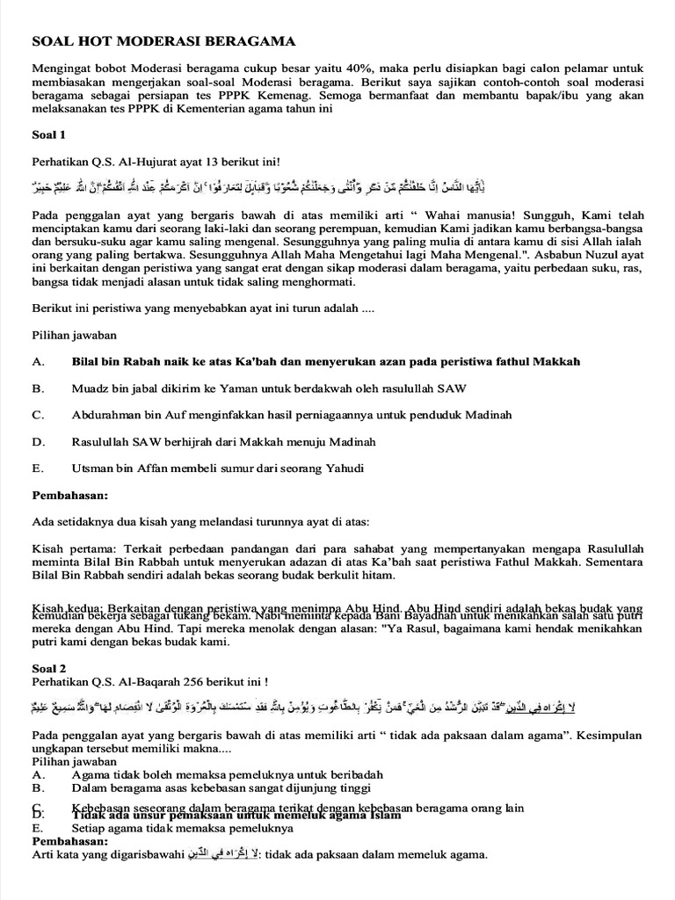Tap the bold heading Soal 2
click(49, 667)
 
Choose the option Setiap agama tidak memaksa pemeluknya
click(182, 828)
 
